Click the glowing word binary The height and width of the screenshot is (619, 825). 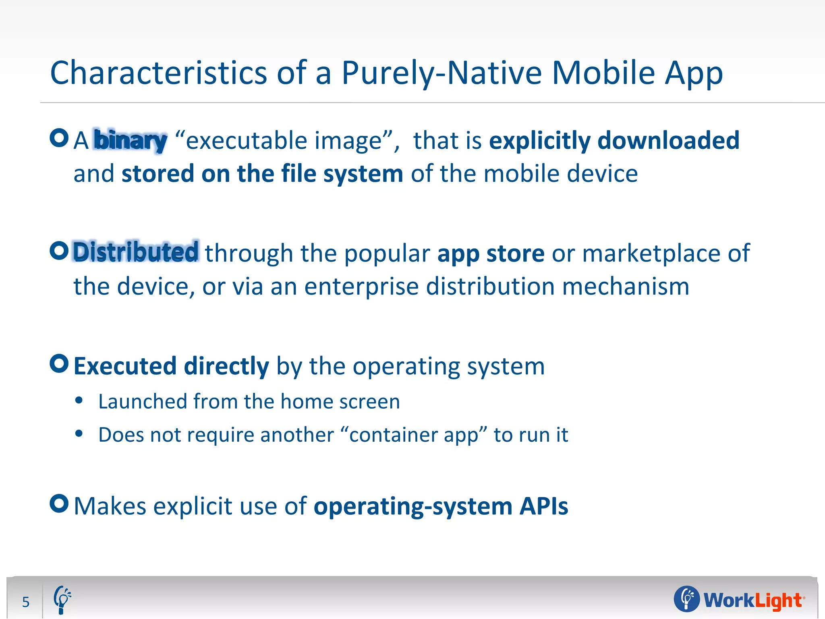point(130,140)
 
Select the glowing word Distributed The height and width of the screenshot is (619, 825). point(135,252)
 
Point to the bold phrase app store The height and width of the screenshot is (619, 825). point(491,253)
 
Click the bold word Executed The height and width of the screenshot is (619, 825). point(125,366)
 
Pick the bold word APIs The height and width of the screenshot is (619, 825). point(543,506)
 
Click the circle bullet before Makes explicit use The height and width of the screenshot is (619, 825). point(59,503)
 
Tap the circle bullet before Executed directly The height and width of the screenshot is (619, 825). point(59,364)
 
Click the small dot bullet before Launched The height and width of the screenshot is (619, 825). point(79,401)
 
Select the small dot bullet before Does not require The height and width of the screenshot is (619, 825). point(79,434)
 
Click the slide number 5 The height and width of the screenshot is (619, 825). point(26,602)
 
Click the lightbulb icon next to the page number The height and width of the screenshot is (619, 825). point(62,600)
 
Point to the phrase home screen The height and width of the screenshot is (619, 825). point(340,401)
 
